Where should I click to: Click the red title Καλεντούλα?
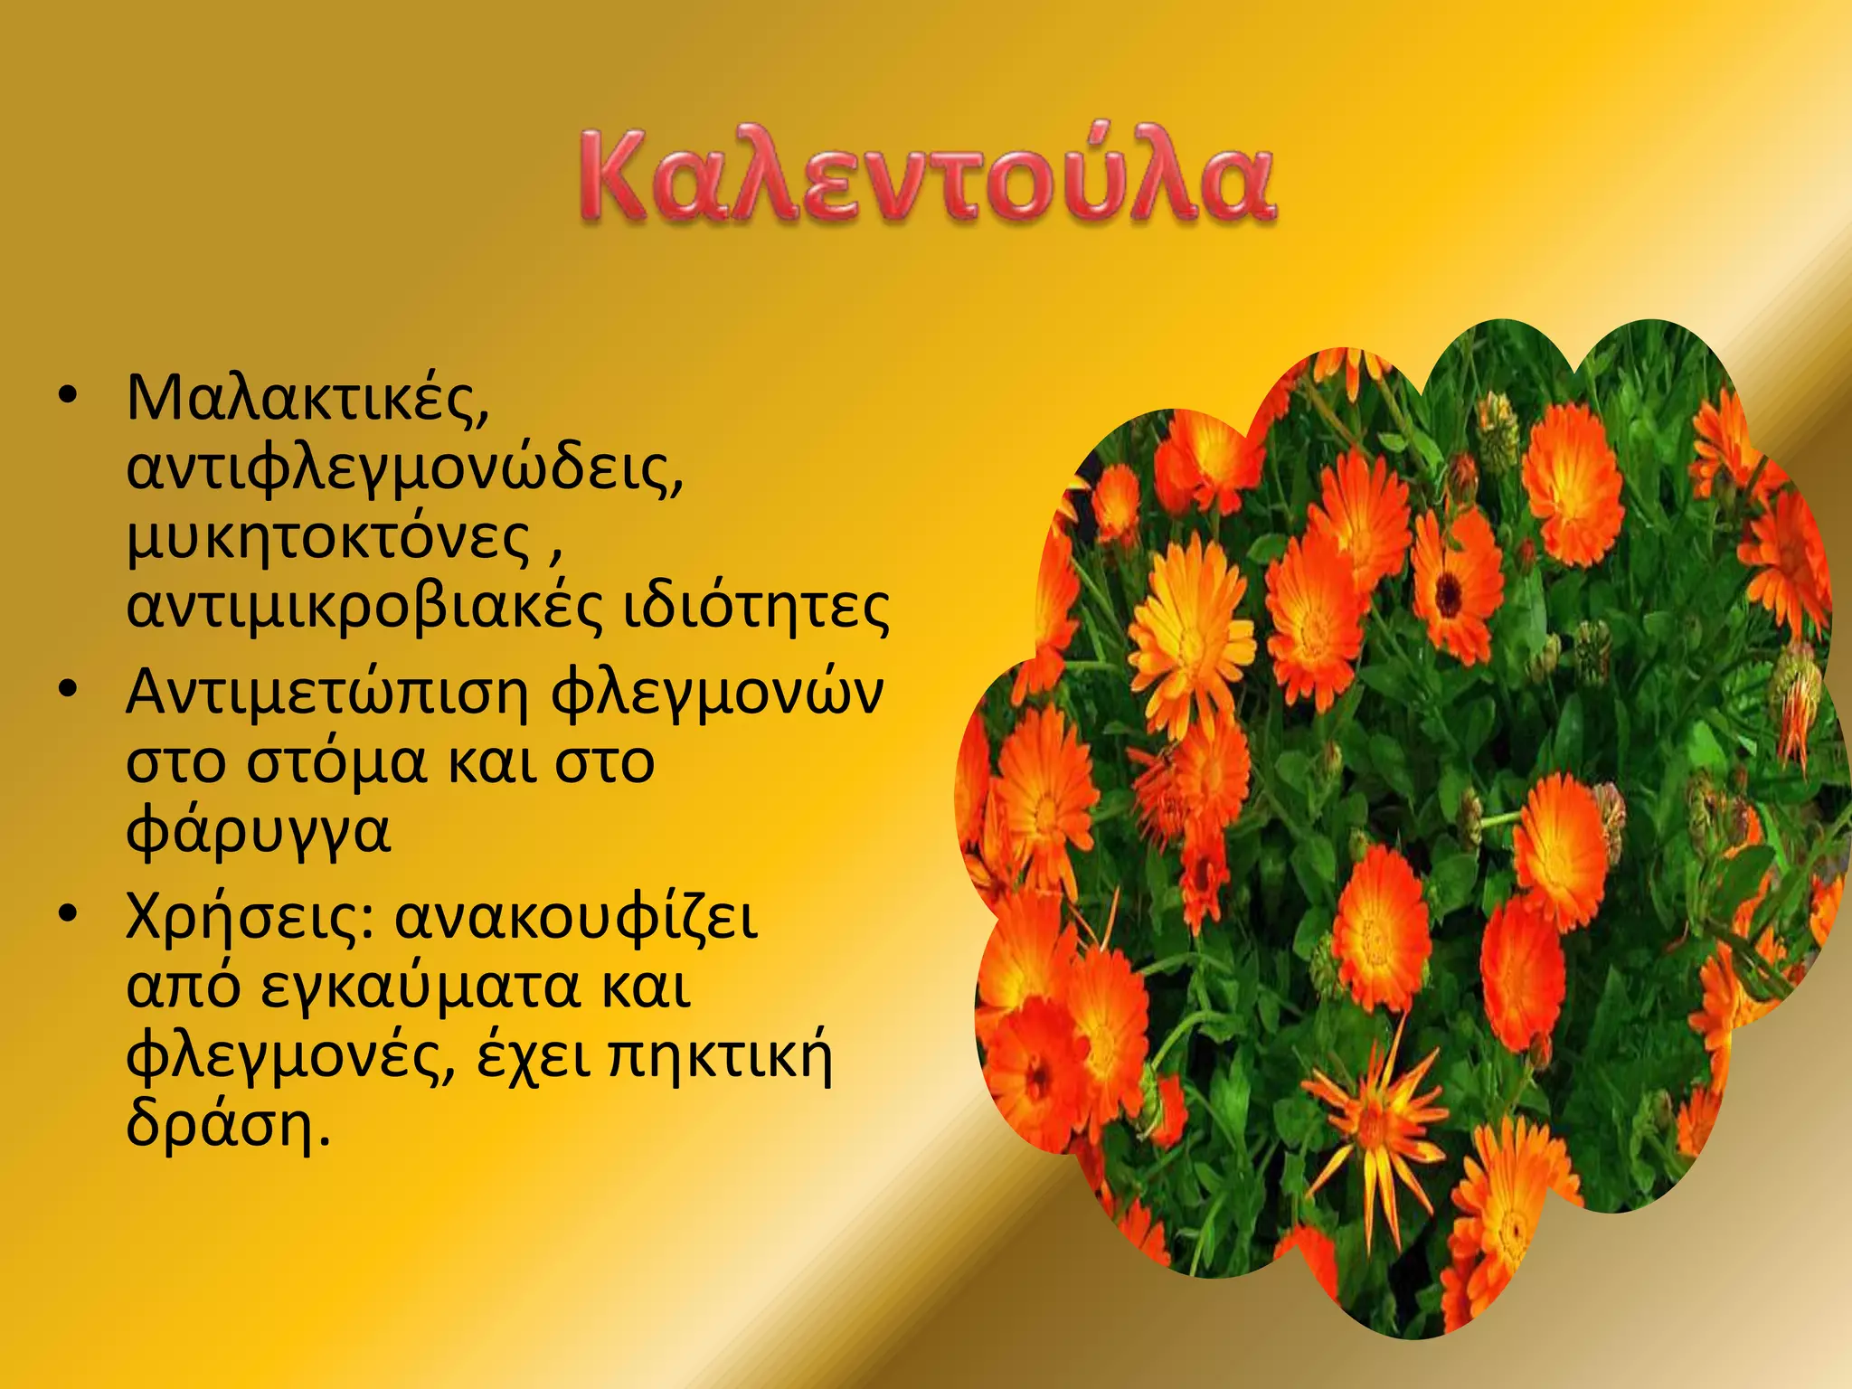927,177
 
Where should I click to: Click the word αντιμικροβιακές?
363,608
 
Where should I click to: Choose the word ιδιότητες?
756,608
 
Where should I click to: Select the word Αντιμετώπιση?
326,694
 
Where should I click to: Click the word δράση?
222,1126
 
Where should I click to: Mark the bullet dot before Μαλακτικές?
69,399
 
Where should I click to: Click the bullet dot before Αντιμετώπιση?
69,693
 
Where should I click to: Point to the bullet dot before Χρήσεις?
69,915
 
